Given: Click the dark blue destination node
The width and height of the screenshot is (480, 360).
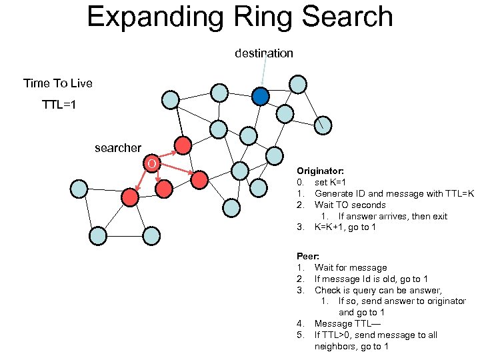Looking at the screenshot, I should [x=260, y=97].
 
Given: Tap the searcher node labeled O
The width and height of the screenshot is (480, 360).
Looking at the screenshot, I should [x=152, y=163].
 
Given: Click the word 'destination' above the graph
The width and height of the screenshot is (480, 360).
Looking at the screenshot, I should [x=263, y=53].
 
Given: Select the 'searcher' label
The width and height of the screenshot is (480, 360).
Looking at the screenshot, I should [x=118, y=148].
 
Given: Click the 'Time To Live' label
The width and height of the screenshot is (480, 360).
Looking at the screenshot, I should [x=58, y=83].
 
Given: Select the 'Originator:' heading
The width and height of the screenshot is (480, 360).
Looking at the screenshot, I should [x=321, y=171].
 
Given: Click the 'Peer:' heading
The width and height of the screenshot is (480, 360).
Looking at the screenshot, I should [x=308, y=256].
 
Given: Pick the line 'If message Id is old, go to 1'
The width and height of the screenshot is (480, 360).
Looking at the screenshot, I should [x=371, y=279].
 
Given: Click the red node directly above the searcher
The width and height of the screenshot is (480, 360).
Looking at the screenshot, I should [x=183, y=145].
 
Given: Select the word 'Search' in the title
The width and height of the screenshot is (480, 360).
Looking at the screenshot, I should [x=347, y=17].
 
